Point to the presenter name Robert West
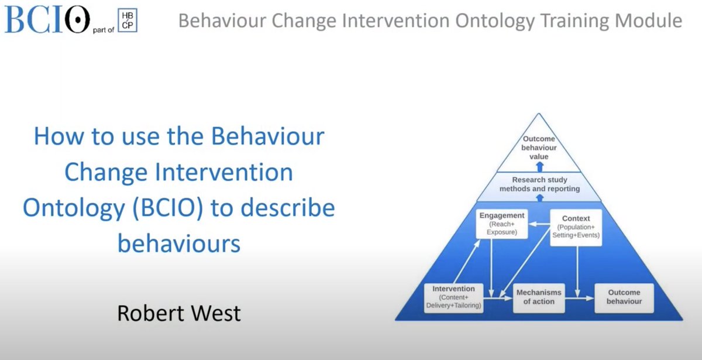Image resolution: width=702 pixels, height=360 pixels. [x=178, y=313]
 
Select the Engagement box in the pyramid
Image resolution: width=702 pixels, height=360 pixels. [x=501, y=224]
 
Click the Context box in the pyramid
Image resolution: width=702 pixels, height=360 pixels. [x=576, y=227]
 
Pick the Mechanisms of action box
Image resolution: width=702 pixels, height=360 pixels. [x=538, y=297]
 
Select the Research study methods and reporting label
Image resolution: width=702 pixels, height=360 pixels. [x=538, y=184]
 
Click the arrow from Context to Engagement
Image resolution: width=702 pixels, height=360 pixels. [x=539, y=224]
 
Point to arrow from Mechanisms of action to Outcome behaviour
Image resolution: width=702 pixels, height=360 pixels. [x=579, y=297]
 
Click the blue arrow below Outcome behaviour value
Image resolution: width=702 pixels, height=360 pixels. [x=538, y=166]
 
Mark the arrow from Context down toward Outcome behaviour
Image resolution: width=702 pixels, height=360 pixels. [x=578, y=266]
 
